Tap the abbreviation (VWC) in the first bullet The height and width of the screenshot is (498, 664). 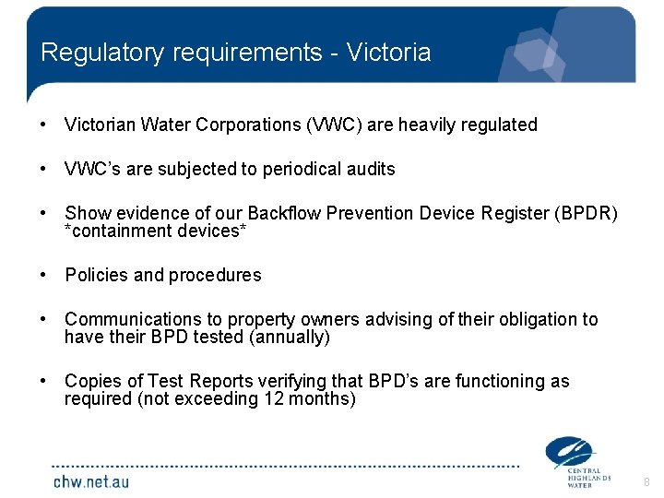pyautogui.click(x=332, y=125)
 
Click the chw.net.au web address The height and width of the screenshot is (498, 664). pyautogui.click(x=90, y=481)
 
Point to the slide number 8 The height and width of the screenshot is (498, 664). pyautogui.click(x=646, y=482)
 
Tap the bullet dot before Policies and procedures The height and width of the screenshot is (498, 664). pyautogui.click(x=44, y=275)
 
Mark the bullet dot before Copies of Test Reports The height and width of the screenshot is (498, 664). pyautogui.click(x=44, y=381)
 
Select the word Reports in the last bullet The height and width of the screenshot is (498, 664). pyautogui.click(x=196, y=381)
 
